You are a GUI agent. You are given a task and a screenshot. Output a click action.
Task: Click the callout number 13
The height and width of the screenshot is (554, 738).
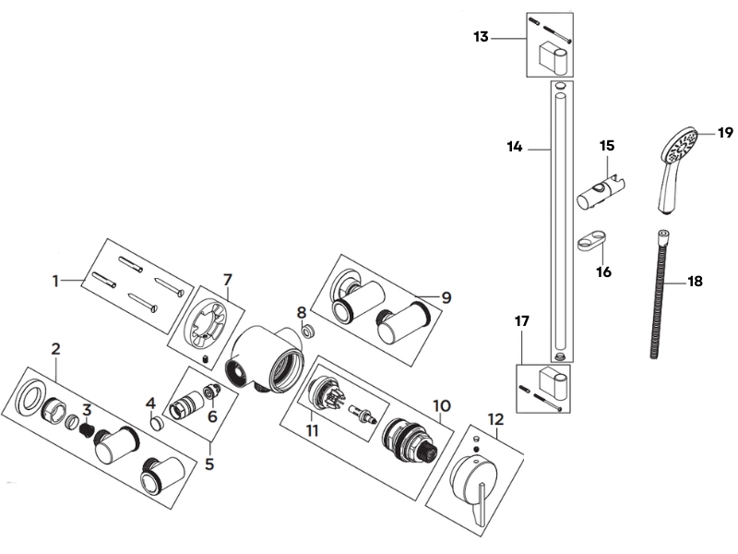click(481, 38)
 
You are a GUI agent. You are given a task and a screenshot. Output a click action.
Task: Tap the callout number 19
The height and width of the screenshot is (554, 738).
click(726, 133)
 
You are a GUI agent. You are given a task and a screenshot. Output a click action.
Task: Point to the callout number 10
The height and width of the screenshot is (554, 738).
click(440, 404)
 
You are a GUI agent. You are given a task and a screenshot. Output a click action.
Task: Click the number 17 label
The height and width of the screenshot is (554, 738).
click(522, 322)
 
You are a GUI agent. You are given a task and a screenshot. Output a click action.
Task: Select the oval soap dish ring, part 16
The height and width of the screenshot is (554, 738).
click(590, 244)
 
